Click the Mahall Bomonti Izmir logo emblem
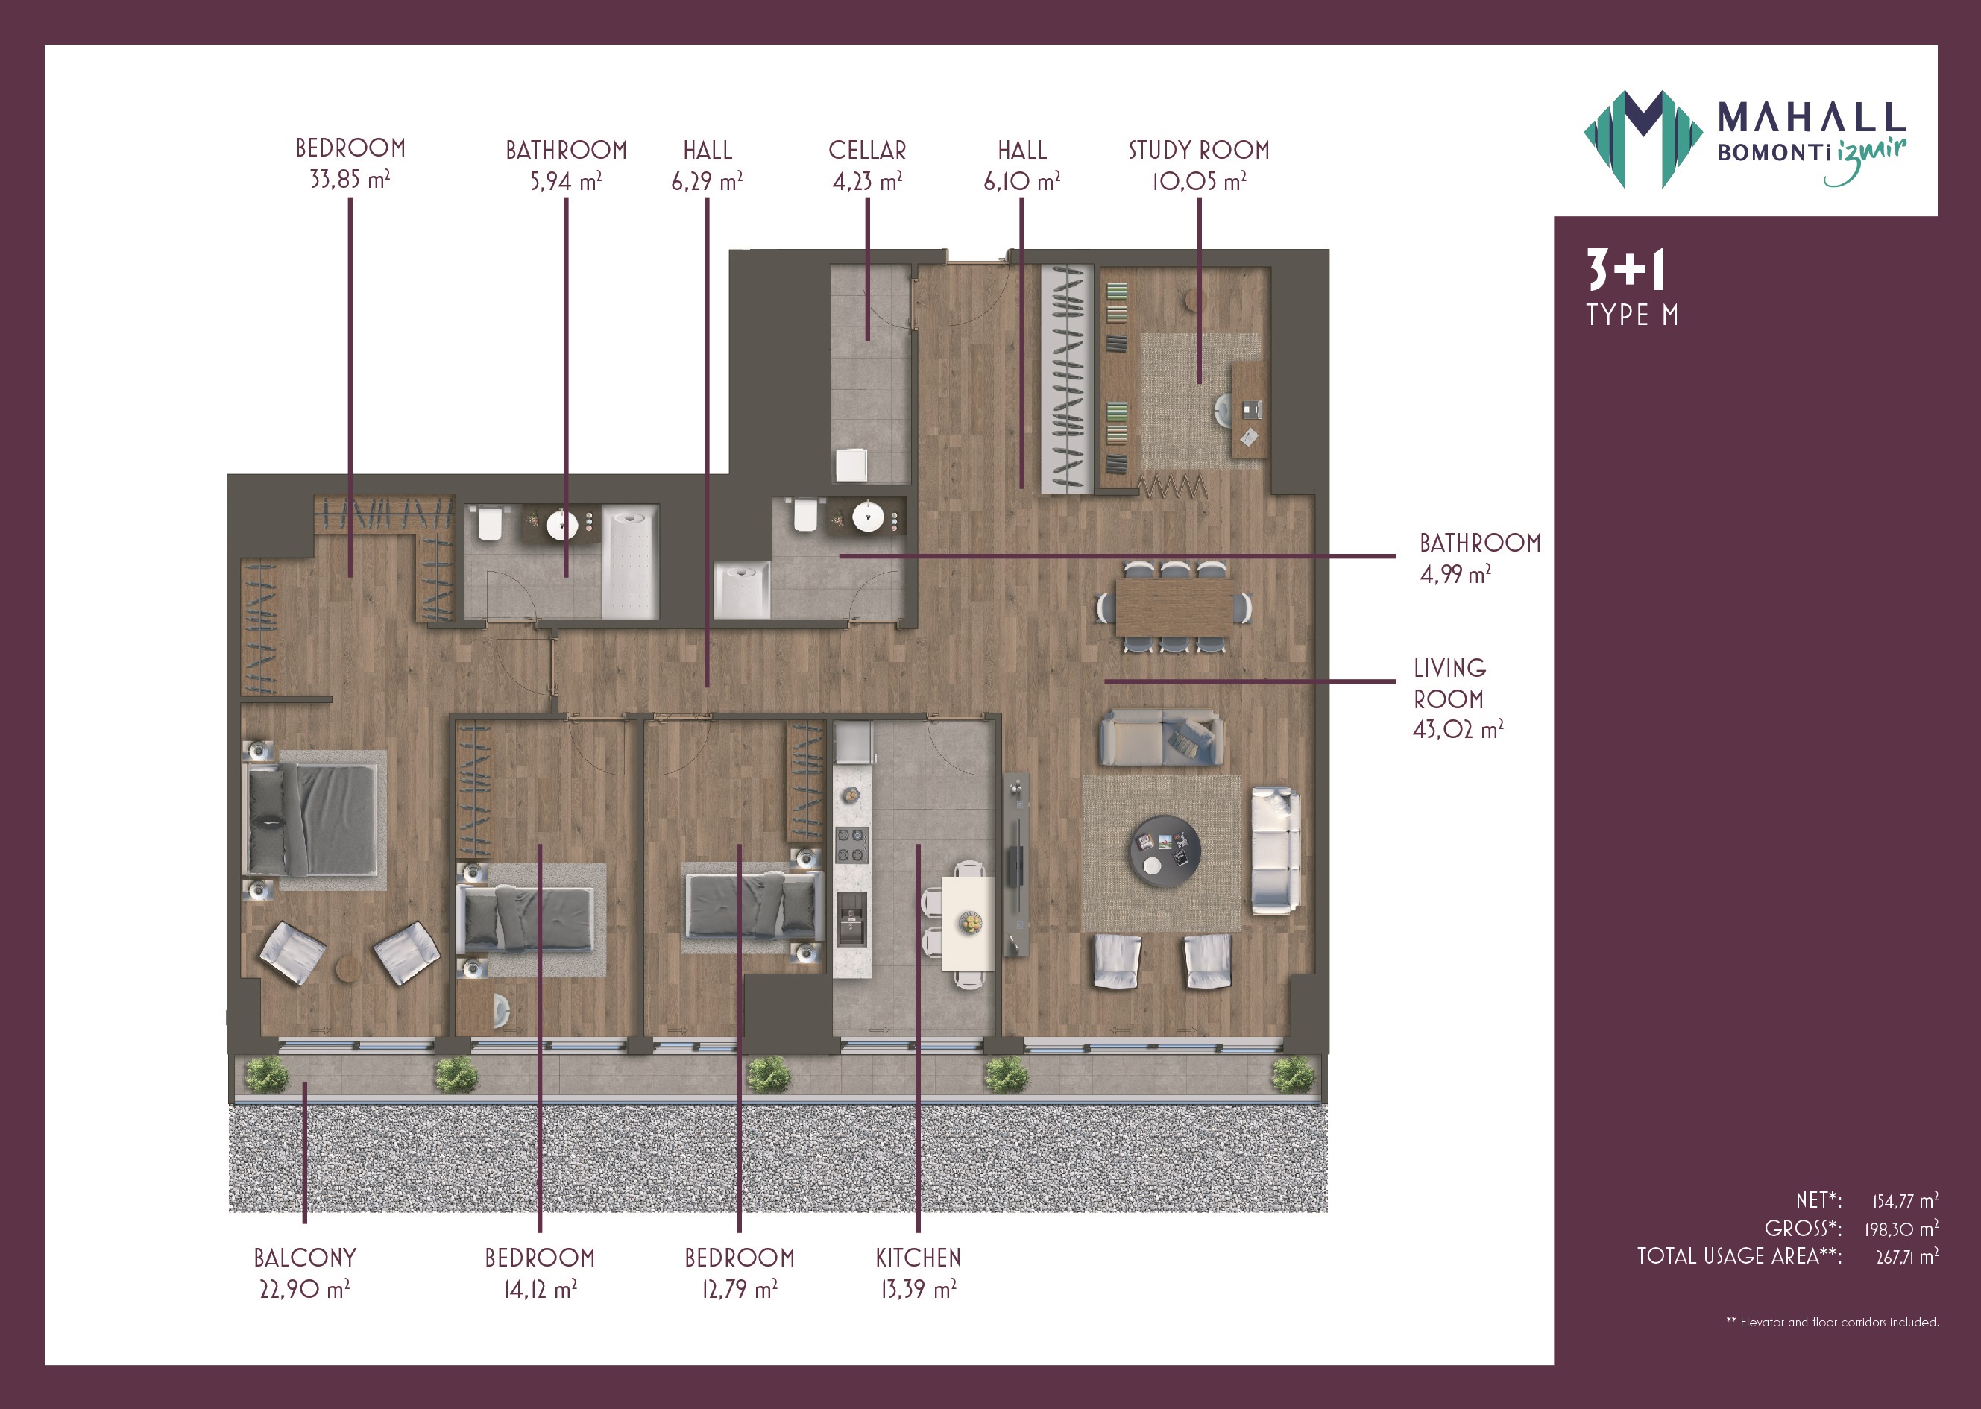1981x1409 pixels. coord(1642,139)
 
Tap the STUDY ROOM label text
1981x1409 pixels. coord(1198,150)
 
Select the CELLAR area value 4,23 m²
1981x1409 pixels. coord(867,181)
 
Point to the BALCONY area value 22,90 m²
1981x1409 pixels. coord(305,1289)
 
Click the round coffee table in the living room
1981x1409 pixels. coord(1165,851)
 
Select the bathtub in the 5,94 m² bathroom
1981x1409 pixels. coord(630,561)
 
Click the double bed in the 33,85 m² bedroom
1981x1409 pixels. coord(313,820)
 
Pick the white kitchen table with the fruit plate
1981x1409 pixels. coord(969,924)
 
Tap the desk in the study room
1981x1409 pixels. coord(1249,410)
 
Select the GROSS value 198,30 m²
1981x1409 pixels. coord(1901,1229)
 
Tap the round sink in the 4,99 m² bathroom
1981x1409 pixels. coord(868,517)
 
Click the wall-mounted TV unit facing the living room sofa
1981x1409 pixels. coord(1016,865)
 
